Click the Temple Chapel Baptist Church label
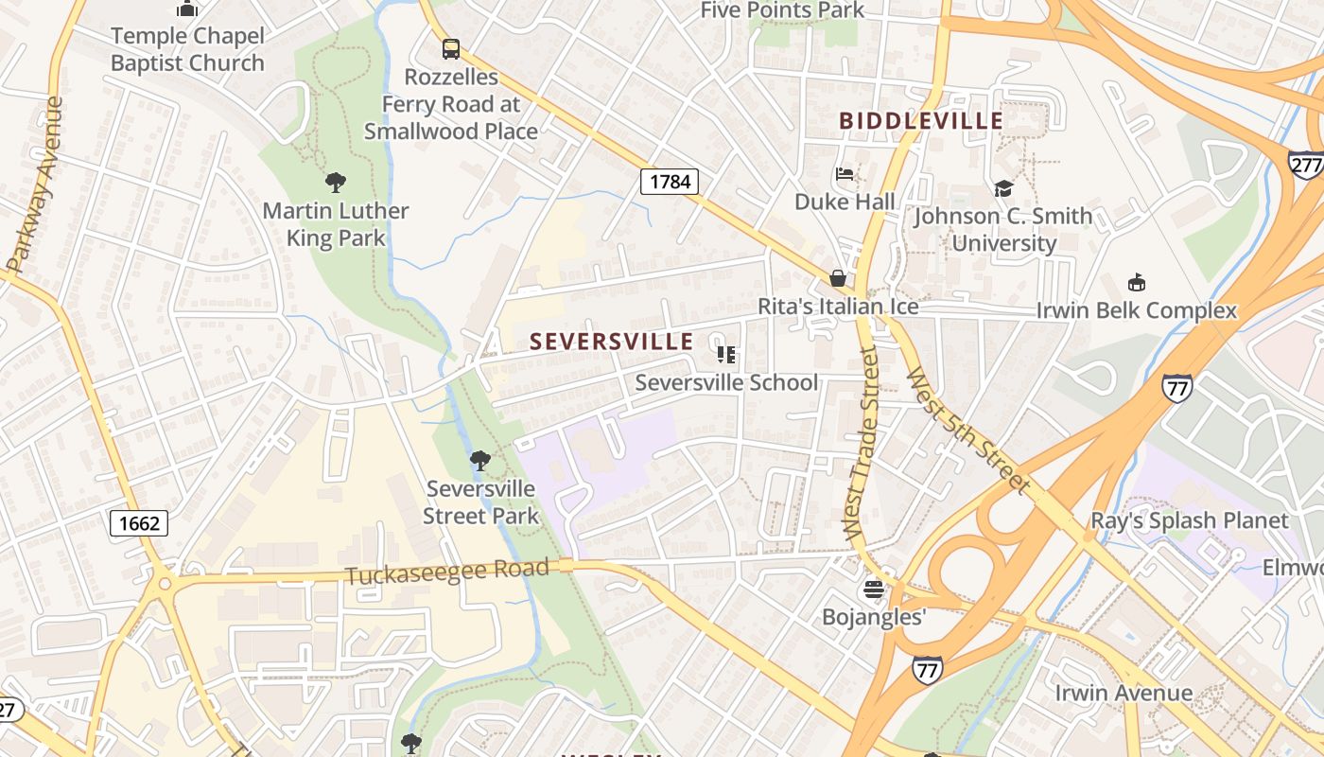point(187,50)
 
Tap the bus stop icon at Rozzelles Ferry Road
point(451,49)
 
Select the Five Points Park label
point(782,10)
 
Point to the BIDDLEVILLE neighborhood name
point(921,121)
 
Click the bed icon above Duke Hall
point(845,174)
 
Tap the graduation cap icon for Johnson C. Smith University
point(1002,188)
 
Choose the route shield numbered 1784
point(670,181)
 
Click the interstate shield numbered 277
point(1306,163)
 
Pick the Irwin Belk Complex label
point(1136,310)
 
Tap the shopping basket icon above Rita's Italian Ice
point(838,278)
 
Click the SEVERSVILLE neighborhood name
point(612,342)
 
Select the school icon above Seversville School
point(726,355)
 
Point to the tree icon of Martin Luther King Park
point(335,182)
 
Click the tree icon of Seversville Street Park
point(480,461)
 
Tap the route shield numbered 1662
point(139,522)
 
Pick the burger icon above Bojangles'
point(873,590)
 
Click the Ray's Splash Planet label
point(1189,520)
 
